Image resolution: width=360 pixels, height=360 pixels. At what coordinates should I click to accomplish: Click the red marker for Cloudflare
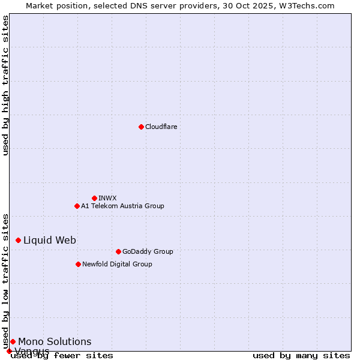tap(141, 127)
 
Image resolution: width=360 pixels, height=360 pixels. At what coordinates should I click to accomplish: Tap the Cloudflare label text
tap(161, 127)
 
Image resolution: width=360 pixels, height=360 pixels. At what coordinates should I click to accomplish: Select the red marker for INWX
tap(94, 198)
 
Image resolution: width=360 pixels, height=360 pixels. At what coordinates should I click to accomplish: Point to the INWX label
tap(107, 198)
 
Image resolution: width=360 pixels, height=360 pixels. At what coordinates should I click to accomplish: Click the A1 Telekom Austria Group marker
tap(77, 206)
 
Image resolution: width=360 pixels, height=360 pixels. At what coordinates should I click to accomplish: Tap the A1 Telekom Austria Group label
tap(122, 206)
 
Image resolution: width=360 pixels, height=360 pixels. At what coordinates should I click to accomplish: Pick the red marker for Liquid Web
tap(18, 240)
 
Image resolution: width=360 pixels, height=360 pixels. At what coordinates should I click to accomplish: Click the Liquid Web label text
tap(50, 240)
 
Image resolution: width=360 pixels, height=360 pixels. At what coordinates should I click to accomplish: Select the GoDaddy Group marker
tap(118, 251)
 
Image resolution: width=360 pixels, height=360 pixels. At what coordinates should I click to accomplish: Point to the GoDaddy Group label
tap(148, 251)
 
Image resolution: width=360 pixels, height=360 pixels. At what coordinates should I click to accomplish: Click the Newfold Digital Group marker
tap(78, 264)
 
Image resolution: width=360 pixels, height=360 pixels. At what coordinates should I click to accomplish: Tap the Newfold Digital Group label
tap(117, 264)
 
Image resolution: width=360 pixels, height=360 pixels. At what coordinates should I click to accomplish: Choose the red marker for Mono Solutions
tap(13, 341)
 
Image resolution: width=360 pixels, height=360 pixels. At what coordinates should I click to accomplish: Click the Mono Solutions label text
tap(55, 341)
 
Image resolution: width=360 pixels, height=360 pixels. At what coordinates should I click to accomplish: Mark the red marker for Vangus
tap(9, 351)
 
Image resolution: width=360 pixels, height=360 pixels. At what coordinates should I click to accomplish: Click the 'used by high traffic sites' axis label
tap(6, 85)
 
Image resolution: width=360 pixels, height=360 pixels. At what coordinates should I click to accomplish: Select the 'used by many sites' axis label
tap(301, 355)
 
